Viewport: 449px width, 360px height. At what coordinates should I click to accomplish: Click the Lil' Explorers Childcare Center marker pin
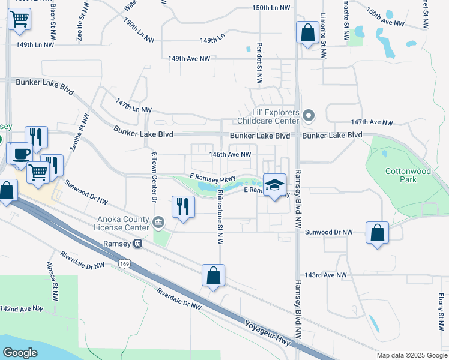pyautogui.click(x=309, y=115)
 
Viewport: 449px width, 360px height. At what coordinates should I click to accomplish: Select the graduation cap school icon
pyautogui.click(x=275, y=185)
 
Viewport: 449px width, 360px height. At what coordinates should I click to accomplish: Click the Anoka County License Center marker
pyautogui.click(x=158, y=222)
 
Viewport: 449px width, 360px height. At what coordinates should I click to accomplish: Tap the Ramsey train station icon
pyautogui.click(x=138, y=244)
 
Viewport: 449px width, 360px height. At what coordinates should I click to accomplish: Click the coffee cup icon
pyautogui.click(x=21, y=153)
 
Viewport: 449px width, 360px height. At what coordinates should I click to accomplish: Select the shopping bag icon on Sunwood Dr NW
pyautogui.click(x=377, y=233)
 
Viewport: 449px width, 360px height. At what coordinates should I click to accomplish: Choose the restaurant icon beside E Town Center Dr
pyautogui.click(x=182, y=207)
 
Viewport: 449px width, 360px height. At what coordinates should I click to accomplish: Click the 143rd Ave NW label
pyautogui.click(x=326, y=275)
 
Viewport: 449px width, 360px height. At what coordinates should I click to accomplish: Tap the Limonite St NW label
pyautogui.click(x=323, y=36)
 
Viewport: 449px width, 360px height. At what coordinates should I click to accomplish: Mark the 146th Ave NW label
pyautogui.click(x=229, y=154)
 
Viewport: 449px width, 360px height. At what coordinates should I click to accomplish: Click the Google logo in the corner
pyautogui.click(x=20, y=353)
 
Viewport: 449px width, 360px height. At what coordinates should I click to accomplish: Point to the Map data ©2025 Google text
pyautogui.click(x=411, y=355)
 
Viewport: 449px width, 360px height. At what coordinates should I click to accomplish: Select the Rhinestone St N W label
pyautogui.click(x=220, y=217)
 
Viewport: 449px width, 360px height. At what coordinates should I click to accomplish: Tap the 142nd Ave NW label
pyautogui.click(x=22, y=308)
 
